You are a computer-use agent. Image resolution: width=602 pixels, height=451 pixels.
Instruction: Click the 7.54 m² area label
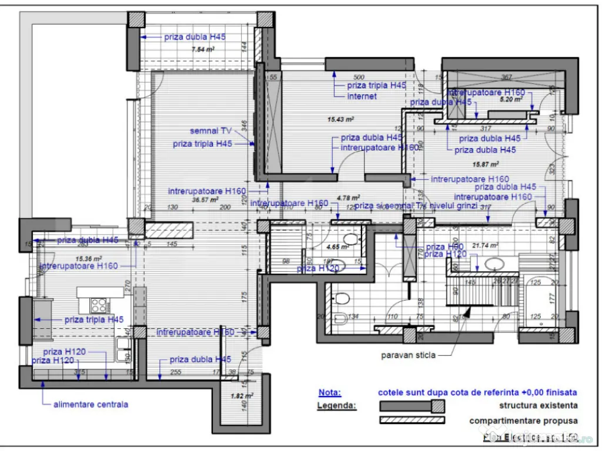tap(202, 50)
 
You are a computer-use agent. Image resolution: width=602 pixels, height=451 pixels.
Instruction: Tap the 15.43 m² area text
tap(340, 119)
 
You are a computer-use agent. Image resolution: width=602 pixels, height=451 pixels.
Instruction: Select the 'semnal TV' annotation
tap(211, 130)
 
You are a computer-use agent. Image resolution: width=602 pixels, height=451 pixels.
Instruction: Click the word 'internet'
tap(362, 96)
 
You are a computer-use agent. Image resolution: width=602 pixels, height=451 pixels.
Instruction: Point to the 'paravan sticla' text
tap(409, 355)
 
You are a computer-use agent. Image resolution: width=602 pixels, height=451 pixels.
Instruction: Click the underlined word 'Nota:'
tap(329, 392)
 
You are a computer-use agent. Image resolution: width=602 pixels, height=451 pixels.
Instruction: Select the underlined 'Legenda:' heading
tap(336, 405)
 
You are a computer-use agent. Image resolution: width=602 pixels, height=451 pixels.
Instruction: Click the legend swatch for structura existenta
tap(412, 406)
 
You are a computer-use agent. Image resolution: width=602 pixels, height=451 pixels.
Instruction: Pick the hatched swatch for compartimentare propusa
tap(412, 420)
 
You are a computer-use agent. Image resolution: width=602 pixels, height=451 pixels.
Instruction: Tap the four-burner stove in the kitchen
tap(99, 305)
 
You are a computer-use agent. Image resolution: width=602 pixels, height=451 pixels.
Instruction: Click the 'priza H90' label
tap(444, 247)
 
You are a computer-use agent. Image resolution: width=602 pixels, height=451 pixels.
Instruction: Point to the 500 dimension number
tap(359, 77)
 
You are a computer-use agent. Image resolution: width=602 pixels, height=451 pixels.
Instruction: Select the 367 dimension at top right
tap(507, 77)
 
